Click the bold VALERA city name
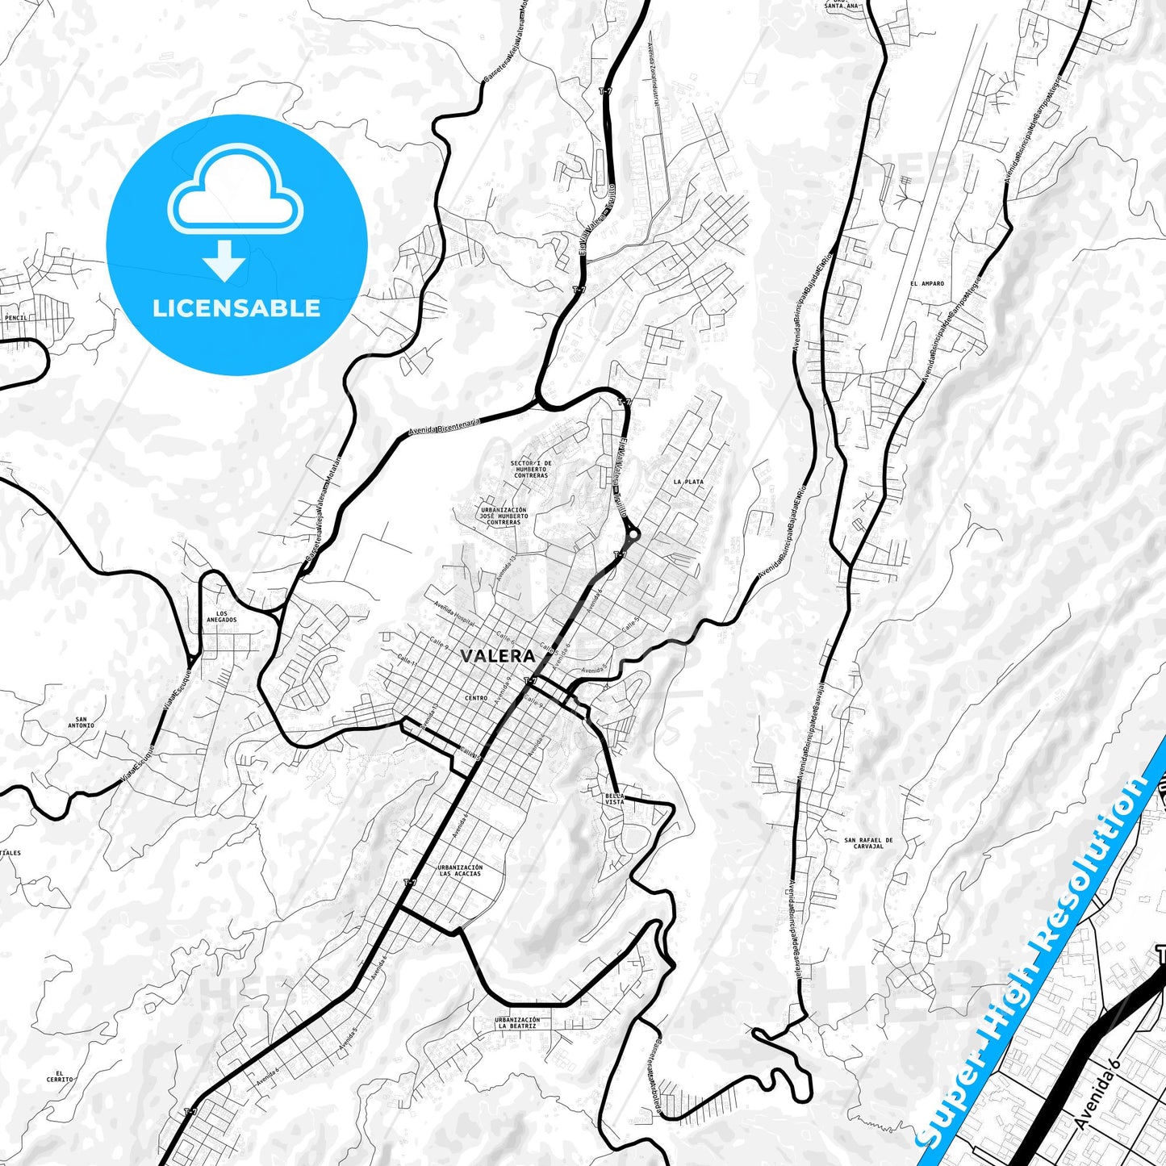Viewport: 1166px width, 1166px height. click(497, 656)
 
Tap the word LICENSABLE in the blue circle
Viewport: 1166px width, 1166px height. click(236, 308)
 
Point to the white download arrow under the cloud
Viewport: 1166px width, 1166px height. click(224, 261)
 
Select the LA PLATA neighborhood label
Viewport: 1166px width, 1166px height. click(687, 482)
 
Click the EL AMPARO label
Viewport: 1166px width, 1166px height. click(926, 284)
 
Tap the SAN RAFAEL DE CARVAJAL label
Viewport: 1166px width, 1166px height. click(868, 843)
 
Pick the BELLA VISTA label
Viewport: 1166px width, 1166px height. click(614, 799)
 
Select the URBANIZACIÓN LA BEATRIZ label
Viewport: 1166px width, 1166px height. click(517, 1023)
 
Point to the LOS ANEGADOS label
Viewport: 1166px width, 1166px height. click(221, 616)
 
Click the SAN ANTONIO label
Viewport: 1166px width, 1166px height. click(81, 722)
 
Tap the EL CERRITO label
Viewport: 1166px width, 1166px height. click(60, 1076)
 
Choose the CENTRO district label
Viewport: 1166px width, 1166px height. click(476, 698)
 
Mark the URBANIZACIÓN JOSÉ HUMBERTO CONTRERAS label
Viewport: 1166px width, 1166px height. click(504, 516)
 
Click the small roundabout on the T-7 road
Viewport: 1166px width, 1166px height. click(633, 533)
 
